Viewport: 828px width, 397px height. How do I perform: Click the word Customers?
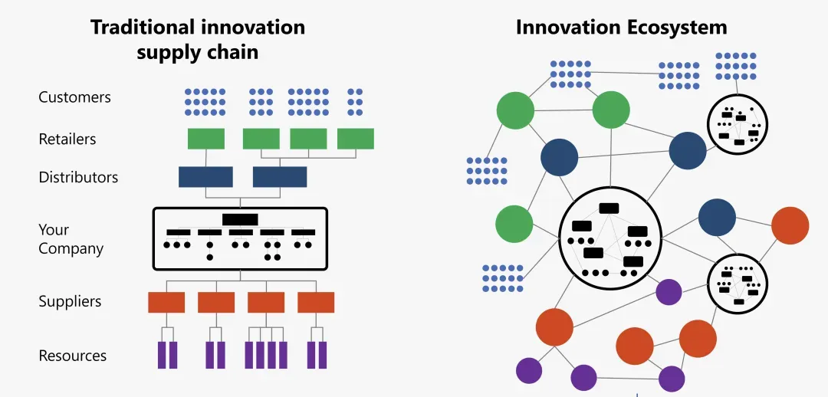pyautogui.click(x=74, y=97)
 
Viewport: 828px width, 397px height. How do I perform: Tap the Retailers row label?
pyautogui.click(x=67, y=139)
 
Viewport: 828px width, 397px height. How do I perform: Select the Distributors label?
pyautogui.click(x=78, y=177)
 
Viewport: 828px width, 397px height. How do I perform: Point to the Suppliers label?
pyautogui.click(x=70, y=301)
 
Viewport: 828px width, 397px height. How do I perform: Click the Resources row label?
pyautogui.click(x=72, y=356)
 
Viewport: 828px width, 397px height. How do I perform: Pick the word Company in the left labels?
pyautogui.click(x=71, y=248)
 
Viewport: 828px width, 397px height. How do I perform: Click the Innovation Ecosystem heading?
pyautogui.click(x=621, y=28)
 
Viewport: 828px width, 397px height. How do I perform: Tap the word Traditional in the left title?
pyautogui.click(x=141, y=28)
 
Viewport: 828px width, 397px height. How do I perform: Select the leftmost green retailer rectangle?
pyautogui.click(x=206, y=139)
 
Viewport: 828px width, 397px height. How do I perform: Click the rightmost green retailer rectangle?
pyautogui.click(x=356, y=139)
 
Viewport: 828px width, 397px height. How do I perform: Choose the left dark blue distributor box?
pyautogui.click(x=205, y=177)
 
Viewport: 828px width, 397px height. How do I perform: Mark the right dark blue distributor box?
pyautogui.click(x=280, y=177)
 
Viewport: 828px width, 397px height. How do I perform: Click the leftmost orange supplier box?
pyautogui.click(x=166, y=302)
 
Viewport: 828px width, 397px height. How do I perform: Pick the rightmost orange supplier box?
pyautogui.click(x=316, y=302)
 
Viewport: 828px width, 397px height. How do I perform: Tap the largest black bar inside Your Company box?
pyautogui.click(x=240, y=219)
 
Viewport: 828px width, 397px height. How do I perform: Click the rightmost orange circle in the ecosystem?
pyautogui.click(x=790, y=225)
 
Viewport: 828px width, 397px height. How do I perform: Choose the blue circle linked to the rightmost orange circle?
pyautogui.click(x=717, y=217)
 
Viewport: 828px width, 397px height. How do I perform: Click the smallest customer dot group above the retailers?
pyautogui.click(x=355, y=101)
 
